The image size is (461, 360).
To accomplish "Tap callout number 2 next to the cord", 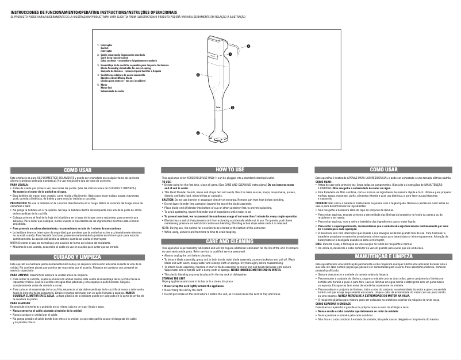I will pyautogui.click(x=248, y=45).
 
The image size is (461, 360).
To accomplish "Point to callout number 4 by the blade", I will pyautogui.click(x=198, y=133).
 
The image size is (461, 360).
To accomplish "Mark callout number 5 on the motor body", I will pyautogui.click(x=197, y=75).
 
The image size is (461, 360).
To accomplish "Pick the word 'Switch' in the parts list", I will pyautogui.click(x=105, y=47).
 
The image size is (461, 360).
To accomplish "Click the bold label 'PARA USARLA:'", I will pyautogui.click(x=19, y=185).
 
